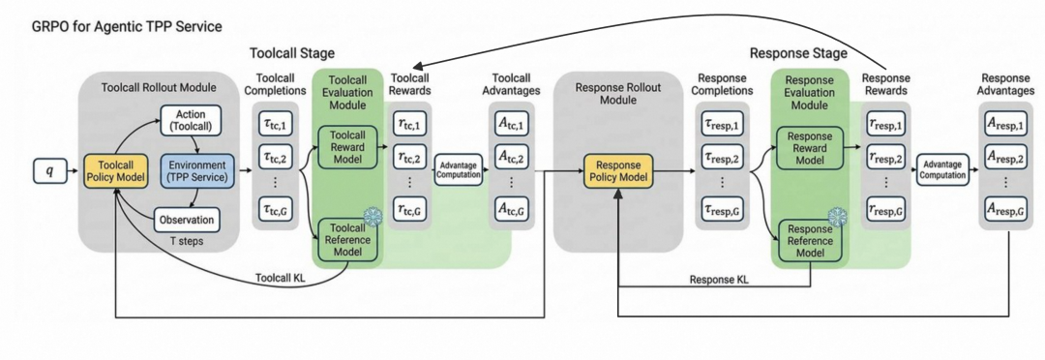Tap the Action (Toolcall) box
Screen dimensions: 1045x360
pyautogui.click(x=191, y=120)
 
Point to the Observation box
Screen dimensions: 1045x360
pyautogui.click(x=188, y=220)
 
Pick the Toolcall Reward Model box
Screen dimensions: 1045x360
pyautogui.click(x=346, y=146)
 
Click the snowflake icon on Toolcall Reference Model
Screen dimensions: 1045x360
pyautogui.click(x=372, y=216)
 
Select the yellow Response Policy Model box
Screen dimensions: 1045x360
pyautogui.click(x=619, y=170)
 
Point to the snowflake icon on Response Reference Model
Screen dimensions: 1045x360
pyautogui.click(x=837, y=218)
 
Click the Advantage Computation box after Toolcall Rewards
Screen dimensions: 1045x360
pyautogui.click(x=458, y=169)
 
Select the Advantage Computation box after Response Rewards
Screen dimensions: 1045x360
pyautogui.click(x=941, y=169)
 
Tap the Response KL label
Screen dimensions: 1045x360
pyautogui.click(x=719, y=280)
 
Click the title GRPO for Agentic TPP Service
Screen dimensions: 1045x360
pyautogui.click(x=127, y=27)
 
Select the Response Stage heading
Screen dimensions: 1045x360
pyautogui.click(x=798, y=52)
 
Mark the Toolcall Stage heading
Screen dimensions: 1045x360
pyautogui.click(x=292, y=52)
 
